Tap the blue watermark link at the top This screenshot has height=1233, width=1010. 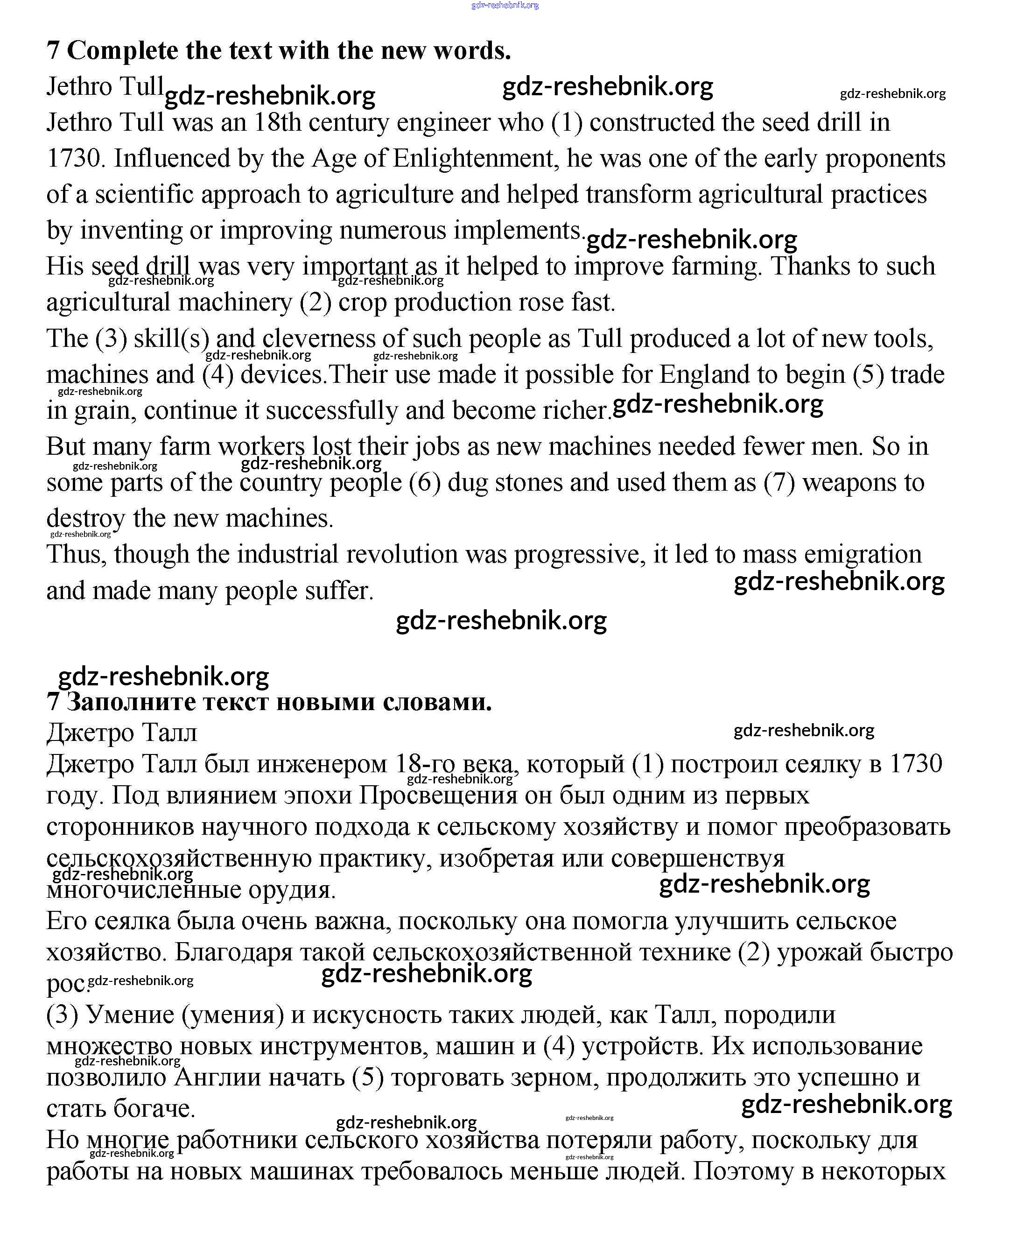point(505,5)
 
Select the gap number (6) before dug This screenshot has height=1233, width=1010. point(424,482)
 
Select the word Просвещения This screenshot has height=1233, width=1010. point(437,795)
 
